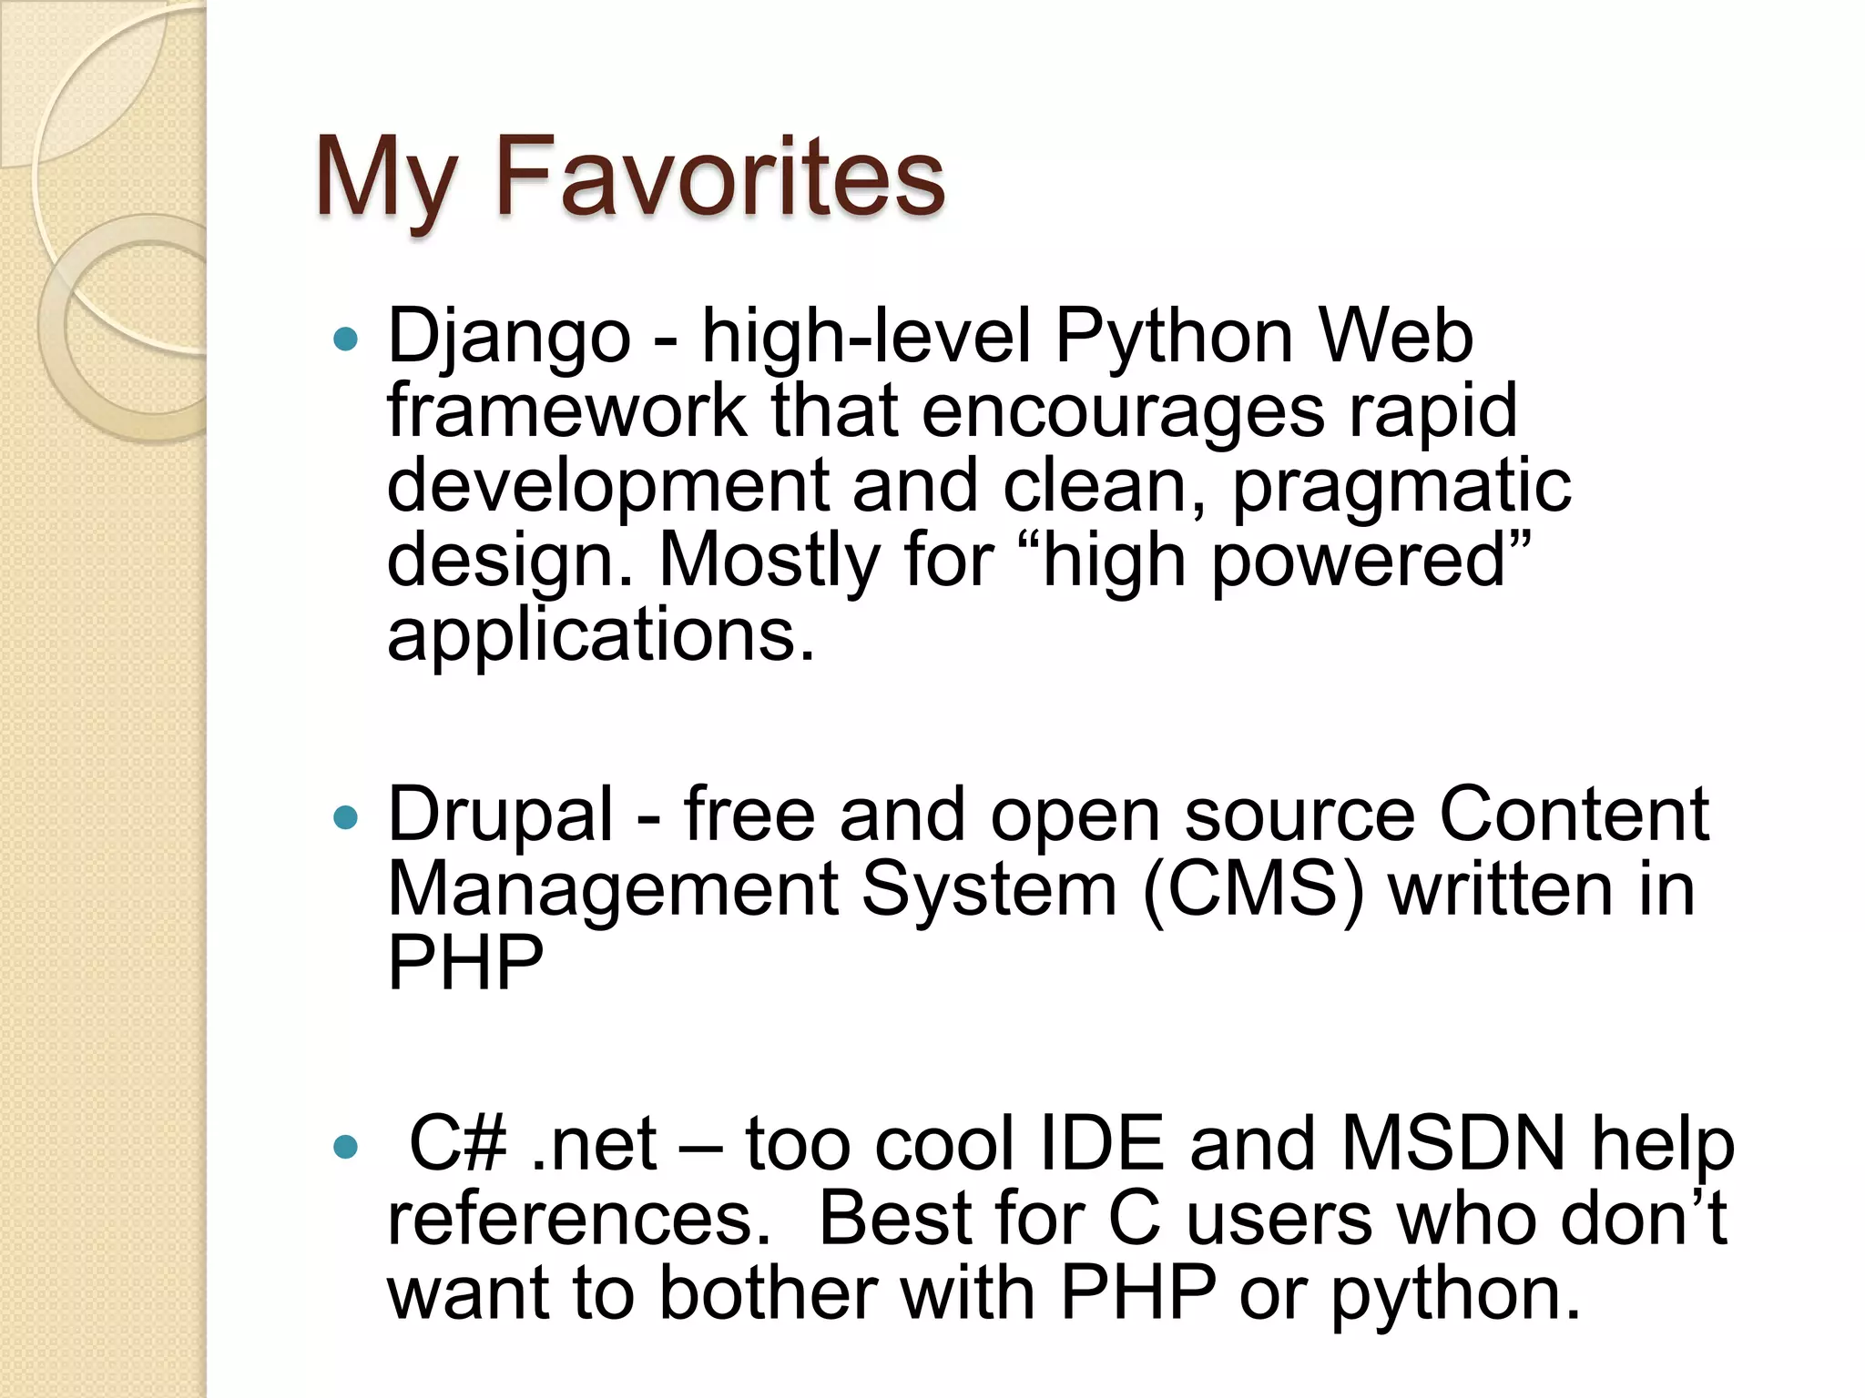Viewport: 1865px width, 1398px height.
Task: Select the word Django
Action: pyautogui.click(x=509, y=337)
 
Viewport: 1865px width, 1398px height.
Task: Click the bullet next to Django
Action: pyautogui.click(x=346, y=340)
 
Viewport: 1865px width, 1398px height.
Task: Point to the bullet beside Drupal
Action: pyautogui.click(x=346, y=817)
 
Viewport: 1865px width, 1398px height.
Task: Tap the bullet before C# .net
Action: pyautogui.click(x=346, y=1147)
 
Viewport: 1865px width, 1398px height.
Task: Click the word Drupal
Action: pyautogui.click(x=501, y=815)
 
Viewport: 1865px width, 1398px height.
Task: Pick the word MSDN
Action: pyautogui.click(x=1452, y=1144)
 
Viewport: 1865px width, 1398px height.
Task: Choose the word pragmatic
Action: pyautogui.click(x=1401, y=486)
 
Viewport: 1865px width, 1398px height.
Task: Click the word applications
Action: pyautogui.click(x=600, y=635)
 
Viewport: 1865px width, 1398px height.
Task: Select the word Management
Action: pyautogui.click(x=613, y=889)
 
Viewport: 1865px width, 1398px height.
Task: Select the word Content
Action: pyautogui.click(x=1574, y=815)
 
